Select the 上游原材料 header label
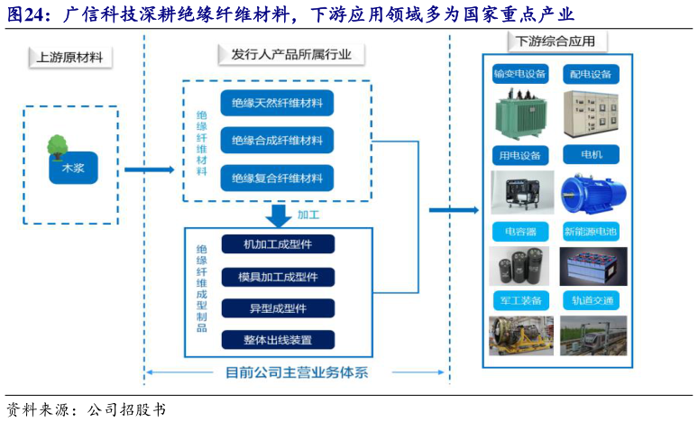tap(70, 58)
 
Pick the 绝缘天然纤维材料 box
tap(277, 103)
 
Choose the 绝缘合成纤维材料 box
tap(277, 141)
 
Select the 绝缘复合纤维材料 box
tap(277, 179)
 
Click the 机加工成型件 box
tap(277, 244)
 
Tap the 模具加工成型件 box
tap(277, 276)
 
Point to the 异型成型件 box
tap(277, 308)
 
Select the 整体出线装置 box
tap(277, 340)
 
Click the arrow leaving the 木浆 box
tap(148, 169)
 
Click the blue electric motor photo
tap(590, 193)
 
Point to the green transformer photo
tap(519, 115)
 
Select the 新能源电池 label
tap(591, 232)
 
